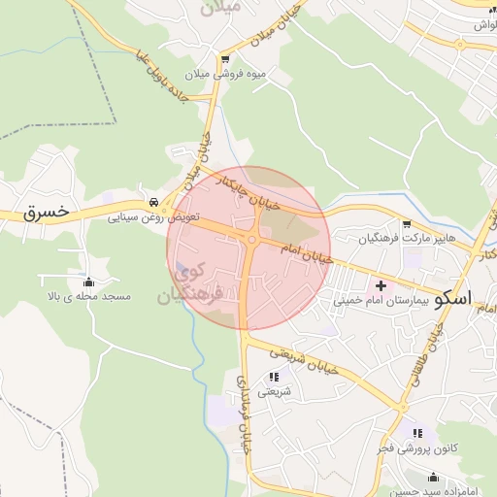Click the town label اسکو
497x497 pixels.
click(453, 299)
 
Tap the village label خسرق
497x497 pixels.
click(48, 211)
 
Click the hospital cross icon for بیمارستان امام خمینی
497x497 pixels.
click(381, 285)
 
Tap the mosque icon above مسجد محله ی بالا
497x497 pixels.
click(90, 280)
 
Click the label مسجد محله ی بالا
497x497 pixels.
click(89, 294)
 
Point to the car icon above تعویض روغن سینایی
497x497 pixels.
click(153, 201)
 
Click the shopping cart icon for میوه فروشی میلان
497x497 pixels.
click(225, 60)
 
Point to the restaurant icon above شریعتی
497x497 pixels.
click(273, 376)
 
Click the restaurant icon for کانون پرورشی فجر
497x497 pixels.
click(417, 433)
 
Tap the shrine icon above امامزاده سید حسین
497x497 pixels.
click(433, 477)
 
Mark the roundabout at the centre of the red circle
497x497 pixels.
click(251, 240)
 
